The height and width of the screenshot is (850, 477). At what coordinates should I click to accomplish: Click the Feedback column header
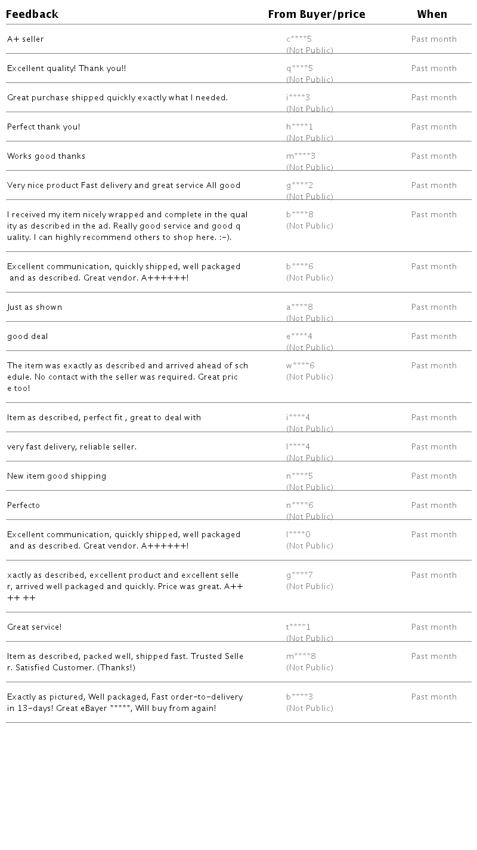point(32,14)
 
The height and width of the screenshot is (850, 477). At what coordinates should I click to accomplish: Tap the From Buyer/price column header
point(317,14)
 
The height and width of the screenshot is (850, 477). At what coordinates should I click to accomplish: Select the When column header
point(432,14)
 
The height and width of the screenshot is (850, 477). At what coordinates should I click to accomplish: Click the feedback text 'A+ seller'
point(26,39)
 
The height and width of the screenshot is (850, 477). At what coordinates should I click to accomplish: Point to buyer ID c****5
point(299,39)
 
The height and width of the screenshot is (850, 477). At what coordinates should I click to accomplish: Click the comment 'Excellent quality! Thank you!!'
point(66,69)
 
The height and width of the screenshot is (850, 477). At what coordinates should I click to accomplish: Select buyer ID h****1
point(299,127)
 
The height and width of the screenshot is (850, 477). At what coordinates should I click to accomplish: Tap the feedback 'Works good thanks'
point(46,156)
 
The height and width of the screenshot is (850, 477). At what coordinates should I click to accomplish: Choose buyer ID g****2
point(299,186)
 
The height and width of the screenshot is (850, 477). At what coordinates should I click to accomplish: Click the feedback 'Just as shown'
point(35,307)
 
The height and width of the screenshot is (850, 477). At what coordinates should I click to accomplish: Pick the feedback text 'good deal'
point(27,337)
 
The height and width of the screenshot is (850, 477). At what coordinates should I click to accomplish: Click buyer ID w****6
point(300,366)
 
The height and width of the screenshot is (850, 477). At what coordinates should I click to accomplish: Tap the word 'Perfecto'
point(23,506)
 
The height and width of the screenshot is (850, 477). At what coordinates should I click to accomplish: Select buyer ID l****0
point(298,535)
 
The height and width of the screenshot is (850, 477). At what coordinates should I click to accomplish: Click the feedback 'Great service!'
point(34,627)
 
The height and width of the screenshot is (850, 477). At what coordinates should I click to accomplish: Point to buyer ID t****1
point(298,627)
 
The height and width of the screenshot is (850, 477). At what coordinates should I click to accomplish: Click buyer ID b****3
point(299,697)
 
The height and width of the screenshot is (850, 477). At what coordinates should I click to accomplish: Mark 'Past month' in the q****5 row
point(433,69)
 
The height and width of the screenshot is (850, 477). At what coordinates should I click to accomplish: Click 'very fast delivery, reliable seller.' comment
point(72,447)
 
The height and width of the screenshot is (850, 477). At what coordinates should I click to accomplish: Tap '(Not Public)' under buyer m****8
point(309,668)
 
